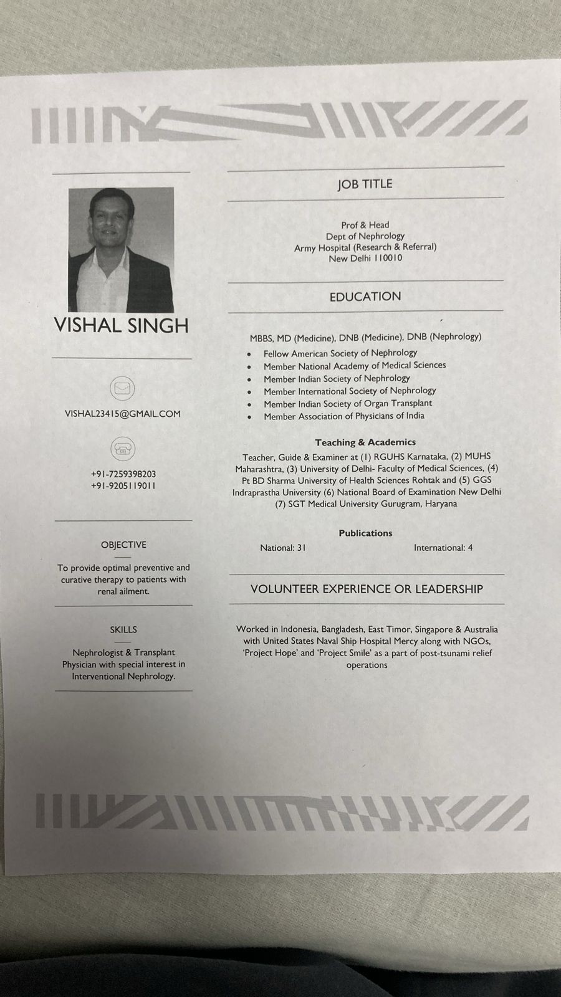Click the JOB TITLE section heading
point(365,184)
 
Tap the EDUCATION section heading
point(365,297)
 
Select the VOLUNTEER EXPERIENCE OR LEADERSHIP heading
point(367,589)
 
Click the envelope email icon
point(122,388)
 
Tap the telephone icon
point(123,449)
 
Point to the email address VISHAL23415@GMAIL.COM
point(123,414)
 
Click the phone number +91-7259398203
point(123,474)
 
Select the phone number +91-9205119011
point(123,486)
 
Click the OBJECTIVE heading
point(123,545)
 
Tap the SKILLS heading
point(123,630)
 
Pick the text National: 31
point(283,548)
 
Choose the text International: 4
point(443,548)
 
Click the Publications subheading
point(365,533)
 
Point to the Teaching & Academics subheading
point(365,442)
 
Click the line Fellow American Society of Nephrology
point(340,353)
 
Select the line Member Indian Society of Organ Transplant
point(347,403)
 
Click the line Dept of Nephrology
point(365,236)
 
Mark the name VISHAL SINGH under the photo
point(122,325)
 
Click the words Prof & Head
point(365,225)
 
